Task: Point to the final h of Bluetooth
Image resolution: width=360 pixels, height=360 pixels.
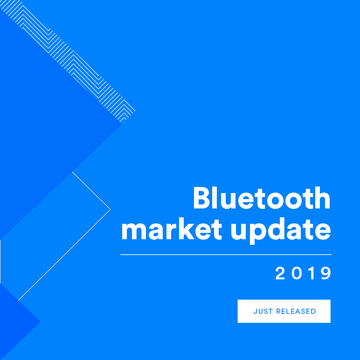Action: pos(322,199)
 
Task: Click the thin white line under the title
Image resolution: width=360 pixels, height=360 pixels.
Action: pos(226,255)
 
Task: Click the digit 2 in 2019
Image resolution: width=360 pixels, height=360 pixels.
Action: pos(280,274)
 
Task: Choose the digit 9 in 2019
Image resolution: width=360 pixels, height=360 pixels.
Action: pos(325,274)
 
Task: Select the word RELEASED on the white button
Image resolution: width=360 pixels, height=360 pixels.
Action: pos(296,312)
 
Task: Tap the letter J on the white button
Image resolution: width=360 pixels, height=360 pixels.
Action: pos(255,312)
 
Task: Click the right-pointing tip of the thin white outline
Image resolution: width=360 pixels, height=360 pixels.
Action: pos(110,209)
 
